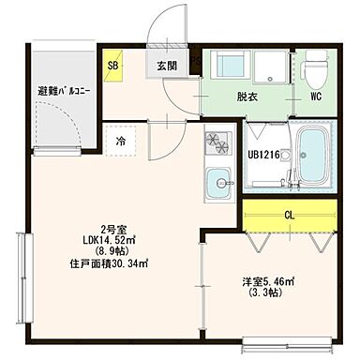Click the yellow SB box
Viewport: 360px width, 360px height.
tap(113, 66)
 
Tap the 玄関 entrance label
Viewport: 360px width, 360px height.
tap(167, 66)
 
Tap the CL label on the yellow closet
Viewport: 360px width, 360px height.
tap(291, 215)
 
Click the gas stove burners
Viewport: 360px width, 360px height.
tap(218, 142)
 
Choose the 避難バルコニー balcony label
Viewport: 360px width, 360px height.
tap(62, 91)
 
